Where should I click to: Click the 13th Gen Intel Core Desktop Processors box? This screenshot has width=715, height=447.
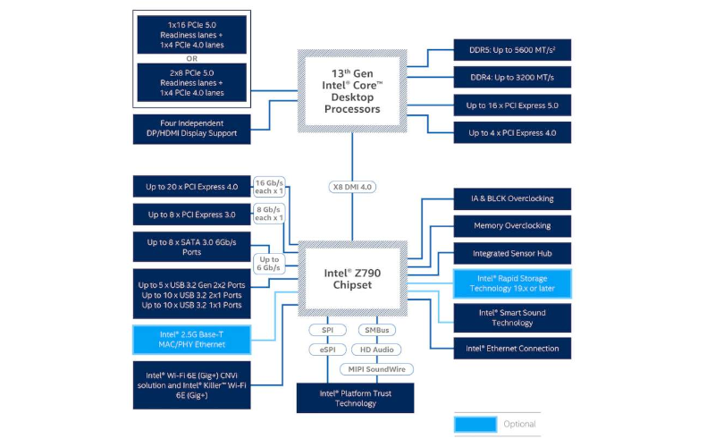[x=352, y=90]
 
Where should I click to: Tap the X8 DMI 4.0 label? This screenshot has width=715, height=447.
[x=352, y=187]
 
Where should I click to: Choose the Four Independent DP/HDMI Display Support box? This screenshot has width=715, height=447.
[x=193, y=128]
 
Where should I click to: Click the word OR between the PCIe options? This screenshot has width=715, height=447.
[x=193, y=59]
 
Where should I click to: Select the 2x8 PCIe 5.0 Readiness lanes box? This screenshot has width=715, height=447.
[x=193, y=81]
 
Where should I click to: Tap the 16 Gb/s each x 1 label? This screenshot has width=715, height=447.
[x=269, y=186]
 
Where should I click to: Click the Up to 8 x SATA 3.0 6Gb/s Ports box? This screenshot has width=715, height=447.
[x=193, y=247]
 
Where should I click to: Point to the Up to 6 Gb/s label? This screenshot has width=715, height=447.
[x=269, y=263]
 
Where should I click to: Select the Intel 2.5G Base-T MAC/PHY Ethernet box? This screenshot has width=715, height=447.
[x=193, y=339]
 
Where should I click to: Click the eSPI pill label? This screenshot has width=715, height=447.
[x=327, y=349]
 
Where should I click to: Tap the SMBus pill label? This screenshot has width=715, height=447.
[x=377, y=330]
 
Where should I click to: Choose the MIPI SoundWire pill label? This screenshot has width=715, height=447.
[x=377, y=368]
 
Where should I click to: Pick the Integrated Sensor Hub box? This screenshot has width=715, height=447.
[x=512, y=254]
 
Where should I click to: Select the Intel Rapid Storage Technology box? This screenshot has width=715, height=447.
[x=512, y=283]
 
